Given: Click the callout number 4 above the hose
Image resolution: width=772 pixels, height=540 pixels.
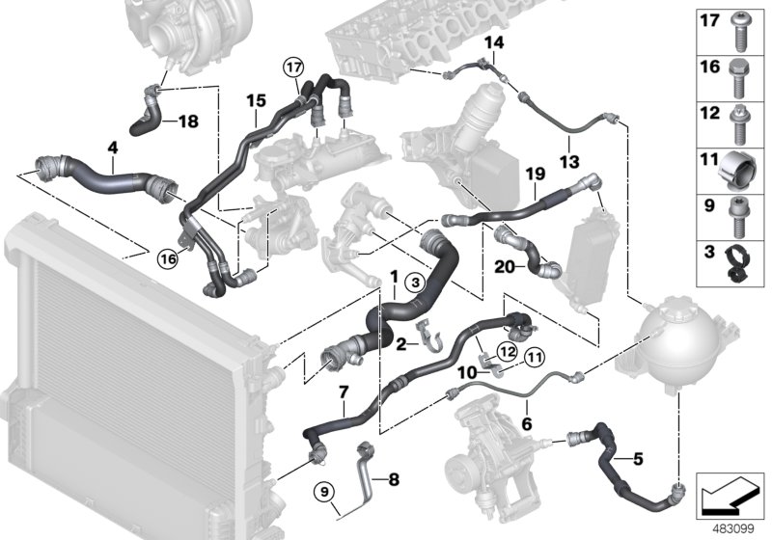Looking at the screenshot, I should click(x=113, y=148).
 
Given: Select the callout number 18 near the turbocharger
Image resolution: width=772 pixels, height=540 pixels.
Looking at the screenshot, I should click(x=187, y=121).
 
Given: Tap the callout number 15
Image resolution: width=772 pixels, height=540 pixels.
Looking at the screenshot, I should click(x=255, y=99).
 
